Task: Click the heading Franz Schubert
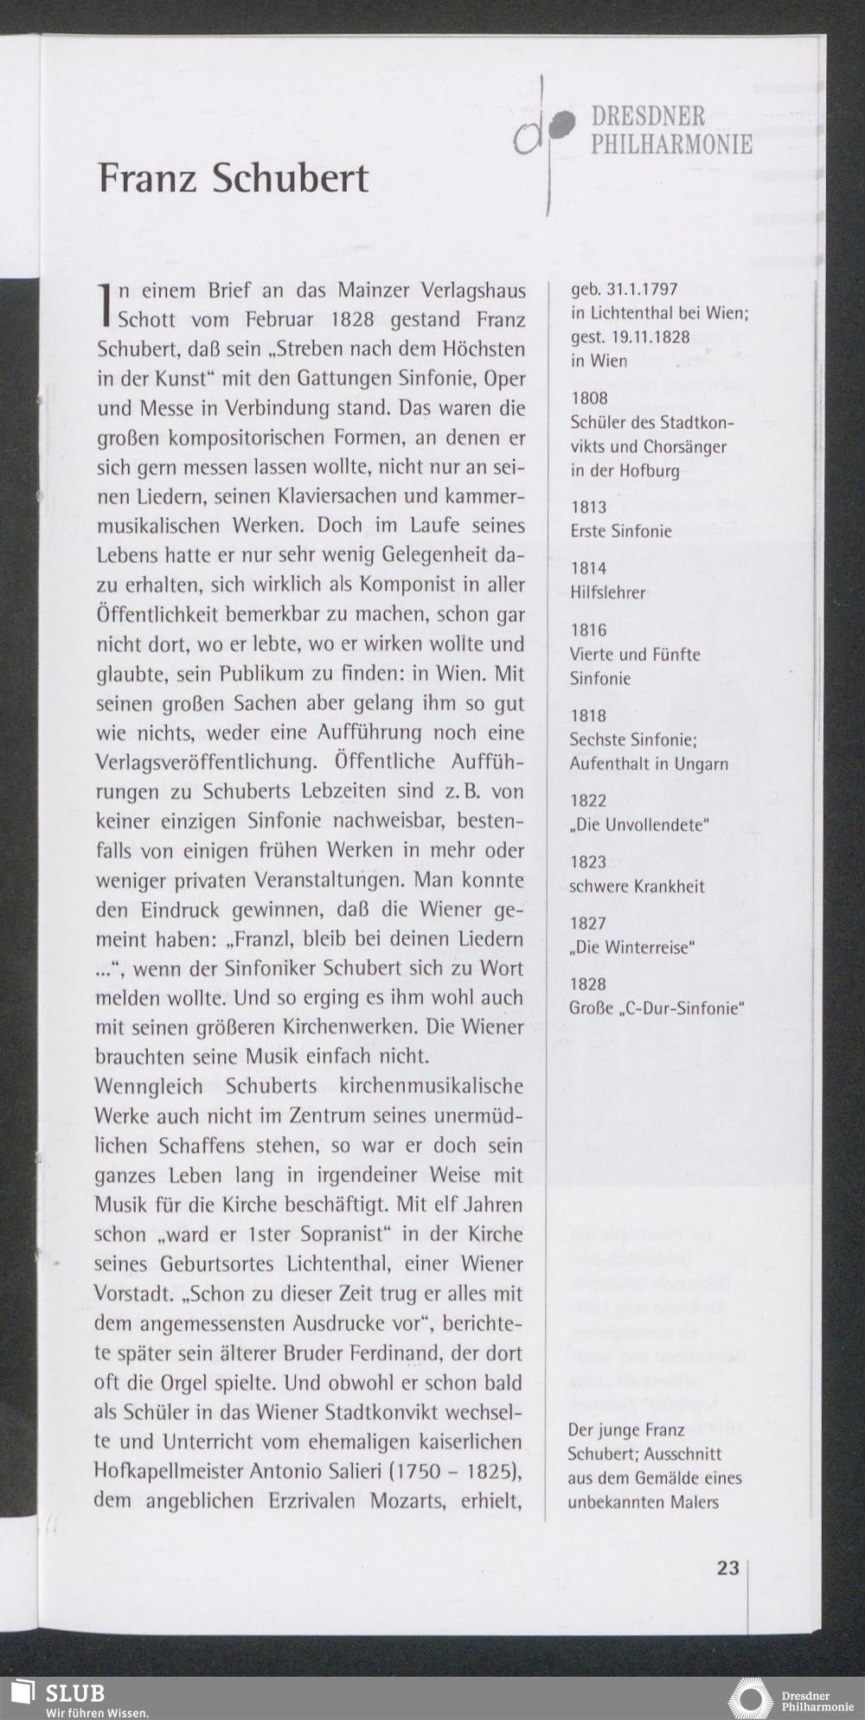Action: tap(234, 178)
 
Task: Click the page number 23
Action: tap(727, 1567)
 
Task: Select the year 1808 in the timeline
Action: tap(589, 398)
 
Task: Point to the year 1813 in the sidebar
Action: tap(589, 507)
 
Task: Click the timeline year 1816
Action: tap(589, 630)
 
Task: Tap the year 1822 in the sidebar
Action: tap(589, 801)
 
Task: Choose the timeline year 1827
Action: tap(589, 924)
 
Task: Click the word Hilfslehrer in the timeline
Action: tap(607, 592)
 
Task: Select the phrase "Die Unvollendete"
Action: tap(639, 825)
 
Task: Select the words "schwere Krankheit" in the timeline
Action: tap(637, 886)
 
